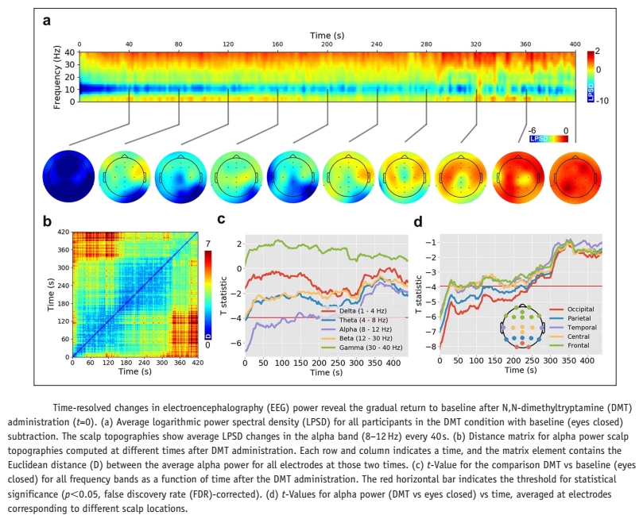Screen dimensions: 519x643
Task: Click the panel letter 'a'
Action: [x=48, y=22]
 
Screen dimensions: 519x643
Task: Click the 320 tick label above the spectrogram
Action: [x=476, y=44]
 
